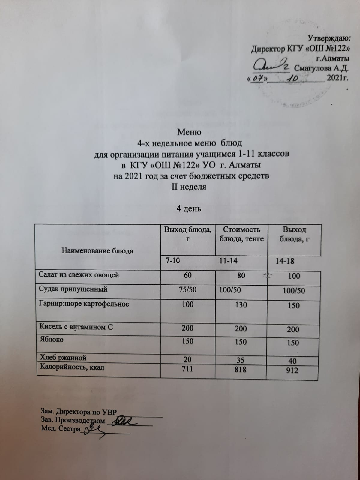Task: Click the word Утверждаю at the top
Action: [x=328, y=38]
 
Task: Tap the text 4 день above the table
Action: [x=188, y=209]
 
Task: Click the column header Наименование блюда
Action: [x=97, y=251]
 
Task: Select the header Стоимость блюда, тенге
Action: [x=241, y=234]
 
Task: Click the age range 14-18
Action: [x=285, y=261]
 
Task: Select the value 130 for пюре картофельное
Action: [x=241, y=305]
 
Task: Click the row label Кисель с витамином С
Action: [x=76, y=327]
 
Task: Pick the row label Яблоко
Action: [x=51, y=340]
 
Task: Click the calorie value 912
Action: [x=292, y=370]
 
